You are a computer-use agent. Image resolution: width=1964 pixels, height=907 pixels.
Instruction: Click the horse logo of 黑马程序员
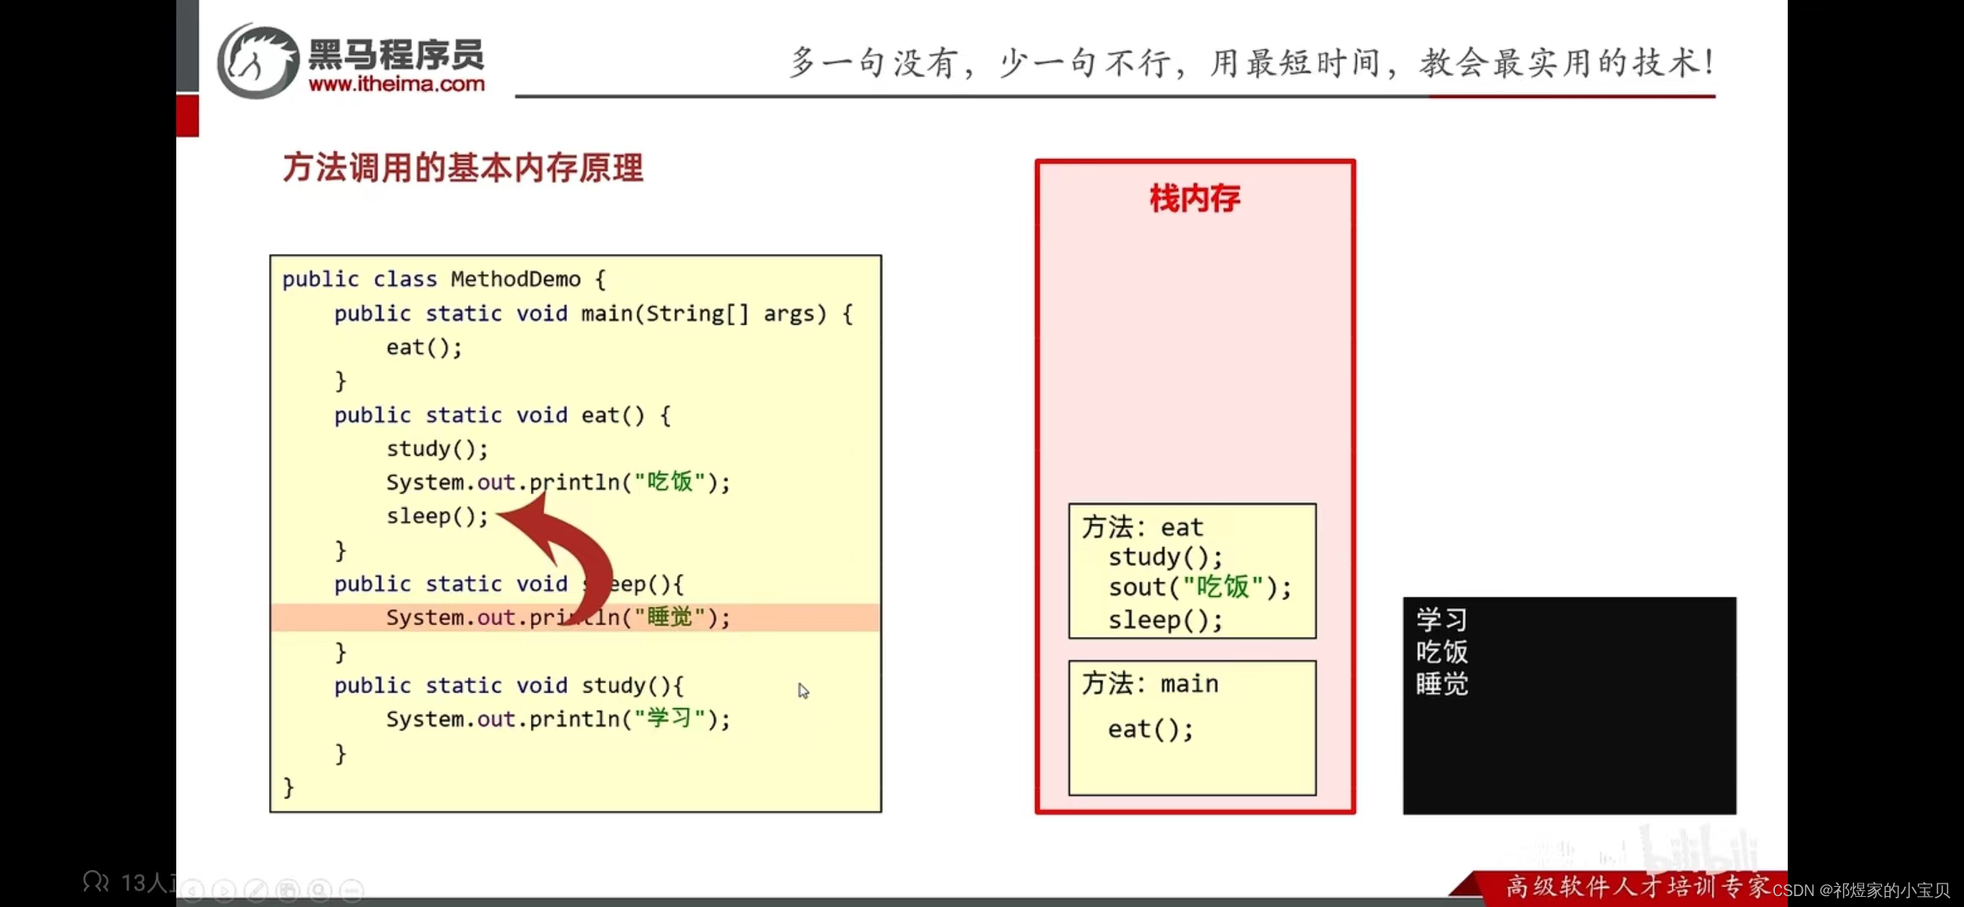259,61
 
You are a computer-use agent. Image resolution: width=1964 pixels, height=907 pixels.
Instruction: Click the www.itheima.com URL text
396,84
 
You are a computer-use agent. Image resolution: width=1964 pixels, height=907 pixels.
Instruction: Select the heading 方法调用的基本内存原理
462,168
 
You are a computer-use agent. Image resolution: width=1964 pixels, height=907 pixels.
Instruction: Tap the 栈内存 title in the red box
1194,199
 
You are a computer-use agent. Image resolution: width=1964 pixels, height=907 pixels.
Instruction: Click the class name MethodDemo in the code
515,279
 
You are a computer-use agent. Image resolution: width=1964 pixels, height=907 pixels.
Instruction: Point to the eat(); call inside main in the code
424,348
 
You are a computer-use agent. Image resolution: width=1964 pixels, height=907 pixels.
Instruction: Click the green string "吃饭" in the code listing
670,482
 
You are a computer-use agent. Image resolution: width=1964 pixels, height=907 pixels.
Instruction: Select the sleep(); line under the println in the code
436,516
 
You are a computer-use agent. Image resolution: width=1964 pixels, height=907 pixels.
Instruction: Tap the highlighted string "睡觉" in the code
670,617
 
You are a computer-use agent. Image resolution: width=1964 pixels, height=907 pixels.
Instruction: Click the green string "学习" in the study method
670,719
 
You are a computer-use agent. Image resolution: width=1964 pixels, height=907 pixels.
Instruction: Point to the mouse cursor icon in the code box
803,691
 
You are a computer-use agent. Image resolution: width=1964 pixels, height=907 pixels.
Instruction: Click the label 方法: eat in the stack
1142,527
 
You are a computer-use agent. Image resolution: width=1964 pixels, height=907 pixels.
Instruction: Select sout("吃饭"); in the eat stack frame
1199,587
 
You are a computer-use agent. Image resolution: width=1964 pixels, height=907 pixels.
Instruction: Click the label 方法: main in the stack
1150,684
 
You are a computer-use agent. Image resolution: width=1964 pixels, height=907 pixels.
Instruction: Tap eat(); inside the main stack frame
1150,729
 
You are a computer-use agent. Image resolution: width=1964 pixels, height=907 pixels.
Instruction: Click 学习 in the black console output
1442,620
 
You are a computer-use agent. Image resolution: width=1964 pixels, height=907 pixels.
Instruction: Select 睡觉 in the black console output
1442,684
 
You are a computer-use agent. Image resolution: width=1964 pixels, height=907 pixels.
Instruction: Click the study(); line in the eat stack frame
1165,557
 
